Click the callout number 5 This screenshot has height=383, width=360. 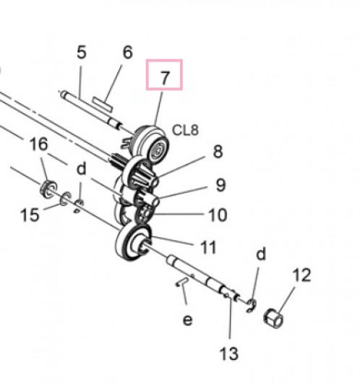(x=82, y=52)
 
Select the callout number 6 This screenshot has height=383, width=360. (x=127, y=52)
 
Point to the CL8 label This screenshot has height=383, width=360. (x=185, y=130)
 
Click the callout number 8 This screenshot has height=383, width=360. (x=218, y=152)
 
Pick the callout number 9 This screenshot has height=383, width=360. (x=221, y=185)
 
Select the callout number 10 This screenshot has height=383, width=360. (x=218, y=215)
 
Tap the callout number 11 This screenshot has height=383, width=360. (x=208, y=247)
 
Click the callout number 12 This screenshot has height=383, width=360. (x=302, y=275)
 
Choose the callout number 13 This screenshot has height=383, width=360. (x=229, y=353)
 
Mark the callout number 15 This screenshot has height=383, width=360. (x=30, y=215)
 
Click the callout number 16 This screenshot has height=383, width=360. (x=38, y=144)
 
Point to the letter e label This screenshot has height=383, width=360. (x=187, y=320)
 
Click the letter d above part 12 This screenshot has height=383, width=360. (x=261, y=254)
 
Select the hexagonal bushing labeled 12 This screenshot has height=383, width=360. (x=274, y=318)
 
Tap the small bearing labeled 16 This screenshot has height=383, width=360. (x=48, y=189)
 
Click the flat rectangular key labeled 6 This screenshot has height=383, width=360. (x=103, y=104)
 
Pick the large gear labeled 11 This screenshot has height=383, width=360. (x=133, y=243)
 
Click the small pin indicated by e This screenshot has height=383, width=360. (x=182, y=281)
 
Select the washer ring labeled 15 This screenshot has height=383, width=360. (x=66, y=199)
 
